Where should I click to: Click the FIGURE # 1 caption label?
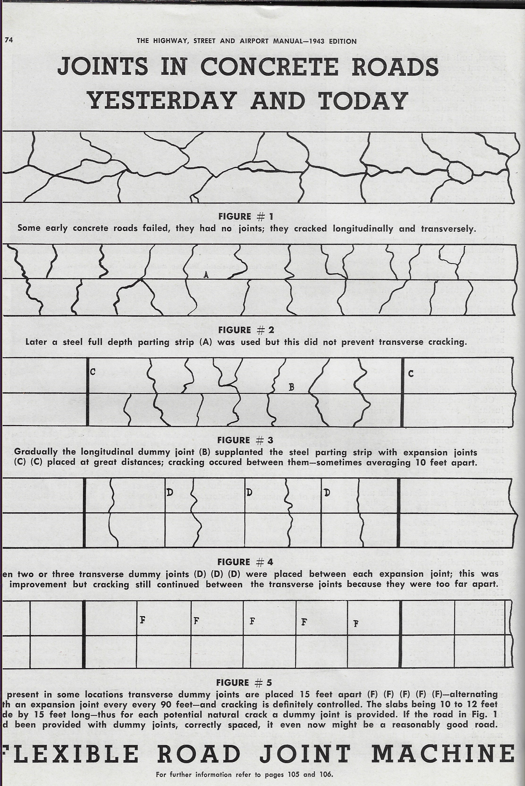(x=246, y=217)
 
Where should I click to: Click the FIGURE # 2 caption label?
(x=246, y=330)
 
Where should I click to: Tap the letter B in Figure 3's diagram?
(x=291, y=387)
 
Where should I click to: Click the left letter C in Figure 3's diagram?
(x=93, y=372)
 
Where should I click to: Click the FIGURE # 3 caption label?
(x=245, y=440)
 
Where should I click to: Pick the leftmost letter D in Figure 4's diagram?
(x=170, y=492)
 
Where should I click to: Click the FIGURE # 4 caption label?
(x=245, y=562)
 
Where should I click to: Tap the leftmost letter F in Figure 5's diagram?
(x=142, y=620)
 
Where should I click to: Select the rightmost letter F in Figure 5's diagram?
(x=357, y=623)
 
